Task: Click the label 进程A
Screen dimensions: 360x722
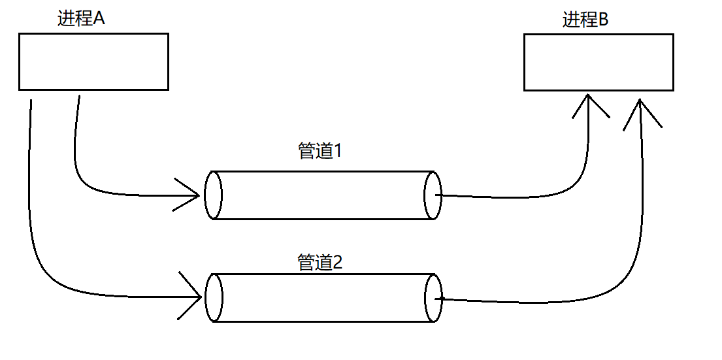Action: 81,18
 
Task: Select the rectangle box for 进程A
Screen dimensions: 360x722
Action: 93,61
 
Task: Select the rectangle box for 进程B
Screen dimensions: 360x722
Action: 599,63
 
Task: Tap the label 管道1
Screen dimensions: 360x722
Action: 320,152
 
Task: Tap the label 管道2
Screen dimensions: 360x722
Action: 320,263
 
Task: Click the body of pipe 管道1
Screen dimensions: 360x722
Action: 323,195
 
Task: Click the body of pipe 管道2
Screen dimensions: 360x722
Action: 323,298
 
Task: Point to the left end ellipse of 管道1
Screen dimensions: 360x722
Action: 213,195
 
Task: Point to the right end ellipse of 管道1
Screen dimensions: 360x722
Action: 433,195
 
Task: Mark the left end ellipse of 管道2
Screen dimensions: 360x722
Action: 214,298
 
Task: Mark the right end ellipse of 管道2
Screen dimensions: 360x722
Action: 433,298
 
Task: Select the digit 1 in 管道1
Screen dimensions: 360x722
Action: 338,152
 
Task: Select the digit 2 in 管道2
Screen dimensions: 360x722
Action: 338,263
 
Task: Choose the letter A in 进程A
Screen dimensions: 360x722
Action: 99,18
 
